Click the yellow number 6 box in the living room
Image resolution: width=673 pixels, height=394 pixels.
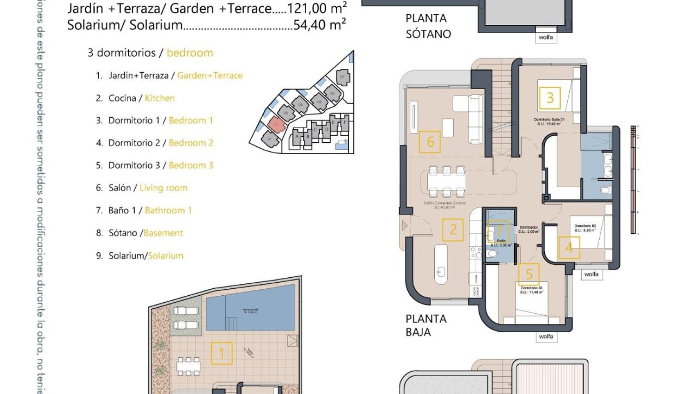point(430,142)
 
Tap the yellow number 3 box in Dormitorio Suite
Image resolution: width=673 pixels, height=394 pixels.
point(550,98)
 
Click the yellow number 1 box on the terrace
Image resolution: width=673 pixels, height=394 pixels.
point(221,353)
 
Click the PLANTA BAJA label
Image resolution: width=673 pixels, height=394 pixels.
point(426,325)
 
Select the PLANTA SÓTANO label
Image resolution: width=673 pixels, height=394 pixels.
point(428,26)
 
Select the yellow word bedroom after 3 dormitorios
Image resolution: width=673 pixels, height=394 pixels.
point(189,53)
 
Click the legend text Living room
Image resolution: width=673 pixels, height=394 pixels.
point(163,188)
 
